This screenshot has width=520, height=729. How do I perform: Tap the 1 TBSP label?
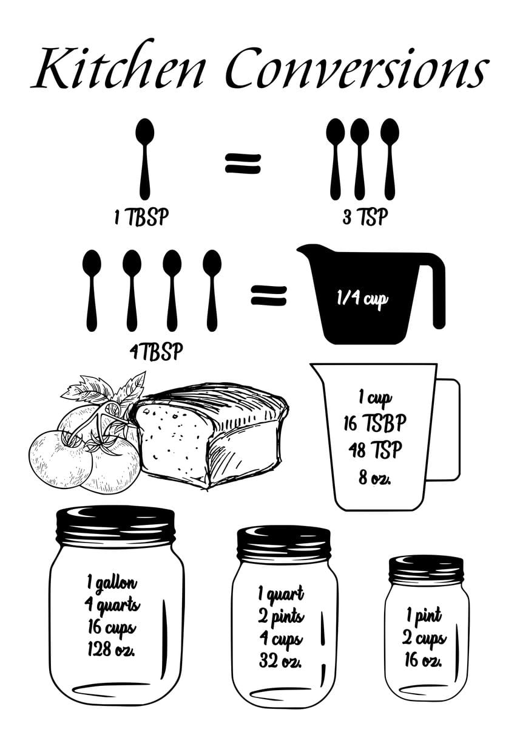141,217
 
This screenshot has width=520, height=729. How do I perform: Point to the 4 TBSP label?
156,352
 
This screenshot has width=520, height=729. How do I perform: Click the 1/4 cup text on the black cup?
362,299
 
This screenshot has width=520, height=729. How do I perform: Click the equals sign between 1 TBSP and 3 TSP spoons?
243,163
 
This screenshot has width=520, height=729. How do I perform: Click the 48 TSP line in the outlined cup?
375,450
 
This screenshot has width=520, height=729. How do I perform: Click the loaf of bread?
212,434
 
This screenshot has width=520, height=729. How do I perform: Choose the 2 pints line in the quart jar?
281,617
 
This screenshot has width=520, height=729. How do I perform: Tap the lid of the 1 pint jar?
426,569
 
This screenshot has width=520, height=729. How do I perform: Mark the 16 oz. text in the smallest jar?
424,659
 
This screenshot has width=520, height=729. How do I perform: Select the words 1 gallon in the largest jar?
112,583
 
